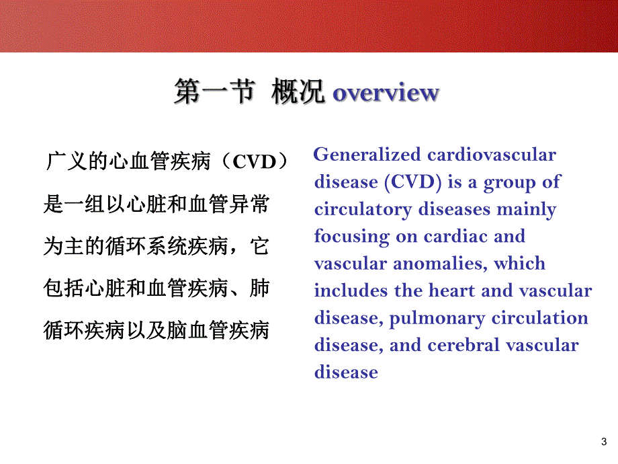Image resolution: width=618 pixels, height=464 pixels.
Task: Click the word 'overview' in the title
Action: [x=386, y=93]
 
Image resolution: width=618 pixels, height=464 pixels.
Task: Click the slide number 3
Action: [x=601, y=442]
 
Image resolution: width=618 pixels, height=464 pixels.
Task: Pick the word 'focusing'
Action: [x=351, y=237]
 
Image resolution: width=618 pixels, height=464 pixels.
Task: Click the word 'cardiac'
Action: [x=455, y=237]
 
